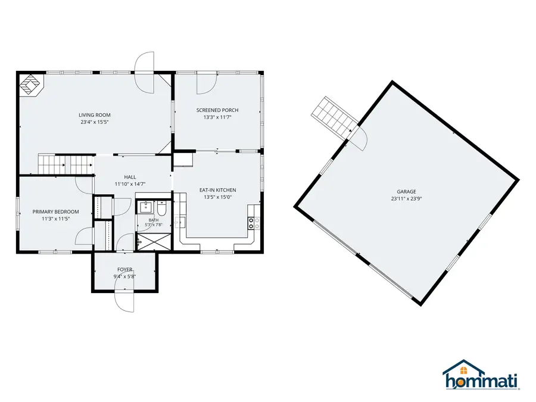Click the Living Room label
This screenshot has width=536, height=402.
(x=94, y=115)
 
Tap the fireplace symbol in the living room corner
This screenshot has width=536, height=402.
(x=31, y=85)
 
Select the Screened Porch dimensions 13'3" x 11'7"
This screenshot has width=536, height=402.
(x=217, y=117)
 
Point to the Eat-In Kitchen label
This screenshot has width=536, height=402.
(x=218, y=190)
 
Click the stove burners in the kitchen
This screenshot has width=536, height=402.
(x=251, y=223)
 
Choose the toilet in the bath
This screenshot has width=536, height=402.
(x=161, y=208)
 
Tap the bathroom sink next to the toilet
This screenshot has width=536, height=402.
(x=146, y=207)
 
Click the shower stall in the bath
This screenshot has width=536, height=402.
(x=154, y=242)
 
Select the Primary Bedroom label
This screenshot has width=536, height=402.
(x=56, y=212)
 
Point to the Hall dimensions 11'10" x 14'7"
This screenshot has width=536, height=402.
(x=130, y=184)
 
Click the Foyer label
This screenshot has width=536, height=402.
(x=125, y=270)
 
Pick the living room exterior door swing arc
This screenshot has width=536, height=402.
(x=144, y=72)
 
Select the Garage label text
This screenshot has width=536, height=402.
(x=406, y=192)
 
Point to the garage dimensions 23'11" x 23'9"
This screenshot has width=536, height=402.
(x=406, y=198)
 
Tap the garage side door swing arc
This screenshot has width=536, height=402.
(x=361, y=138)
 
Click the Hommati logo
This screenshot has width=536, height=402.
(x=481, y=375)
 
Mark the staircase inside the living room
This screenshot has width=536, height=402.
(x=66, y=164)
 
